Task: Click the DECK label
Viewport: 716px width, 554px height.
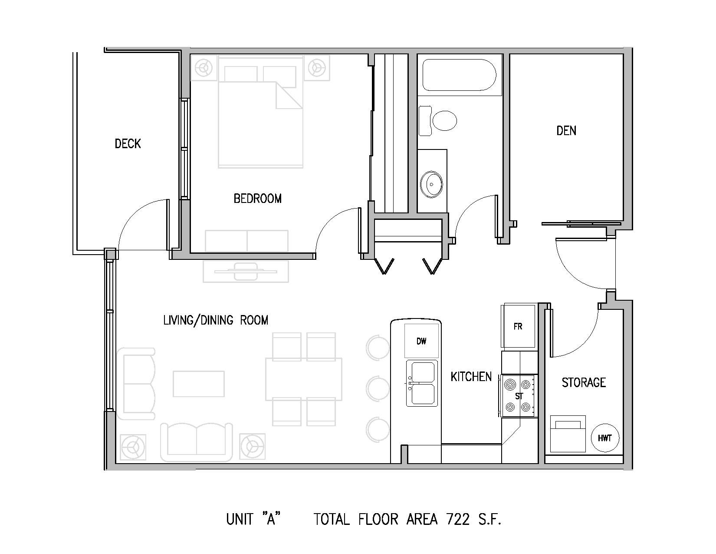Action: click(x=128, y=143)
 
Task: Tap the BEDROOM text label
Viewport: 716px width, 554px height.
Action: click(x=258, y=198)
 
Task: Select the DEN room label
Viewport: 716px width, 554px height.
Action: click(x=566, y=131)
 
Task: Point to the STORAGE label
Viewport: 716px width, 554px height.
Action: click(x=584, y=382)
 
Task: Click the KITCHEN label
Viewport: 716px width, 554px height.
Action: click(x=471, y=376)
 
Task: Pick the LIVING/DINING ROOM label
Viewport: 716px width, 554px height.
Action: click(x=216, y=320)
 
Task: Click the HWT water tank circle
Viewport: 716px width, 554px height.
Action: click(x=605, y=438)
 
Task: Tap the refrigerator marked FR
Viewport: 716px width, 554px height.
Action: click(x=518, y=326)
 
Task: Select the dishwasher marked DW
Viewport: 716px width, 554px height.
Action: click(x=422, y=341)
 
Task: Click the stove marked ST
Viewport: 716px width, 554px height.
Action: click(x=519, y=396)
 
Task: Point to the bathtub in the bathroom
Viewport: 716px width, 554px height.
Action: click(x=459, y=75)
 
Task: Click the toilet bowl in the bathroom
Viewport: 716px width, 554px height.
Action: click(x=444, y=120)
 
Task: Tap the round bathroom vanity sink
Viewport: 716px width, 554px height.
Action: click(x=432, y=184)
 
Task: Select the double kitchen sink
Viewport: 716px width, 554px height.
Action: click(x=422, y=383)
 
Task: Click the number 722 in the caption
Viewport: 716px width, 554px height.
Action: click(x=458, y=519)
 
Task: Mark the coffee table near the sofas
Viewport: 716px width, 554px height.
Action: click(x=199, y=384)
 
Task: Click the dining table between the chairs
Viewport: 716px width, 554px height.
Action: click(x=304, y=379)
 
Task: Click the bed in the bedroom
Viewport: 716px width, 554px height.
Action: click(x=260, y=112)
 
